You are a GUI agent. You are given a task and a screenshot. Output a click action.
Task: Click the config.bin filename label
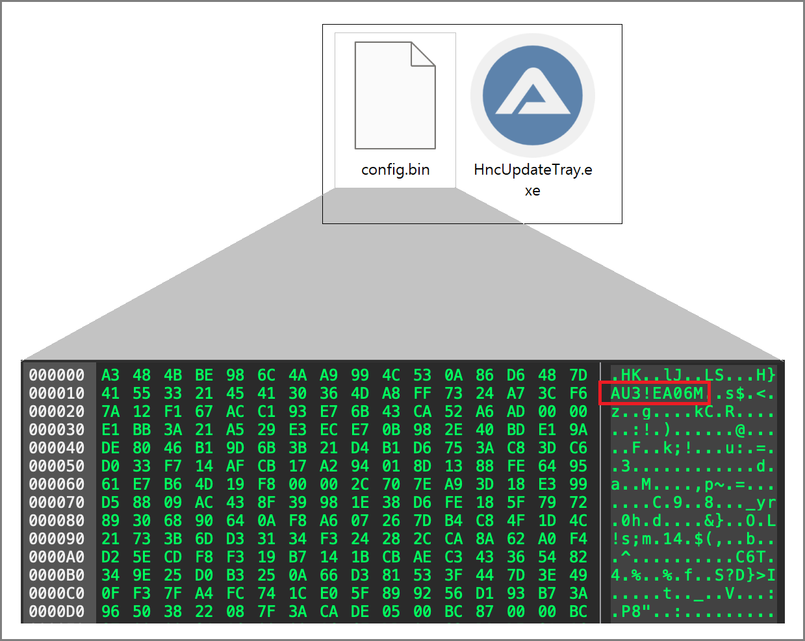(395, 170)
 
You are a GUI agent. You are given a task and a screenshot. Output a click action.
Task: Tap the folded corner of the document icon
(423, 53)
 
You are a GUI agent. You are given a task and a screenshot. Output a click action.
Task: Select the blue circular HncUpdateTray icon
(533, 95)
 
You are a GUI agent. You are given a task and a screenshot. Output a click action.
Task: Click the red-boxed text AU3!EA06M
(656, 394)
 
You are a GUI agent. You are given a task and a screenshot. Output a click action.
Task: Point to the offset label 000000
(57, 375)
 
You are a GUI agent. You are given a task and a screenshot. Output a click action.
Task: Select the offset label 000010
(57, 394)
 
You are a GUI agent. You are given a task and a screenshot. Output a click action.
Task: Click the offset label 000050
(57, 466)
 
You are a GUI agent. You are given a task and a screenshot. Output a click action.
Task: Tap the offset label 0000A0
(57, 557)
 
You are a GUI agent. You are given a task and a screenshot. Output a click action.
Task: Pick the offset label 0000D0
(57, 612)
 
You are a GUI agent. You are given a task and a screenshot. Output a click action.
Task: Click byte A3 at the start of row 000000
(110, 375)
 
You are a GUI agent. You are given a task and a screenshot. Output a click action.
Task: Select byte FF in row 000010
(422, 394)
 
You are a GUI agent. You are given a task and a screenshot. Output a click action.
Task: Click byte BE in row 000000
(204, 375)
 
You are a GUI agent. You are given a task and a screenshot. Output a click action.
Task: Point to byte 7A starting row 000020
(110, 412)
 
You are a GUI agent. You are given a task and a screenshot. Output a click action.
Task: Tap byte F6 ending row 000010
(578, 394)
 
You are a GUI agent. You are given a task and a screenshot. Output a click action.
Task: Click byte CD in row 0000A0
(173, 557)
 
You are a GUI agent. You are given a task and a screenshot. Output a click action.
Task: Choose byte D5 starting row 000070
(110, 503)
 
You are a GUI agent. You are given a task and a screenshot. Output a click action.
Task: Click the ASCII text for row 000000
(693, 375)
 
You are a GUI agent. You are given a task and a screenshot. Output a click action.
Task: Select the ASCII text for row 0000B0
(693, 575)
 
